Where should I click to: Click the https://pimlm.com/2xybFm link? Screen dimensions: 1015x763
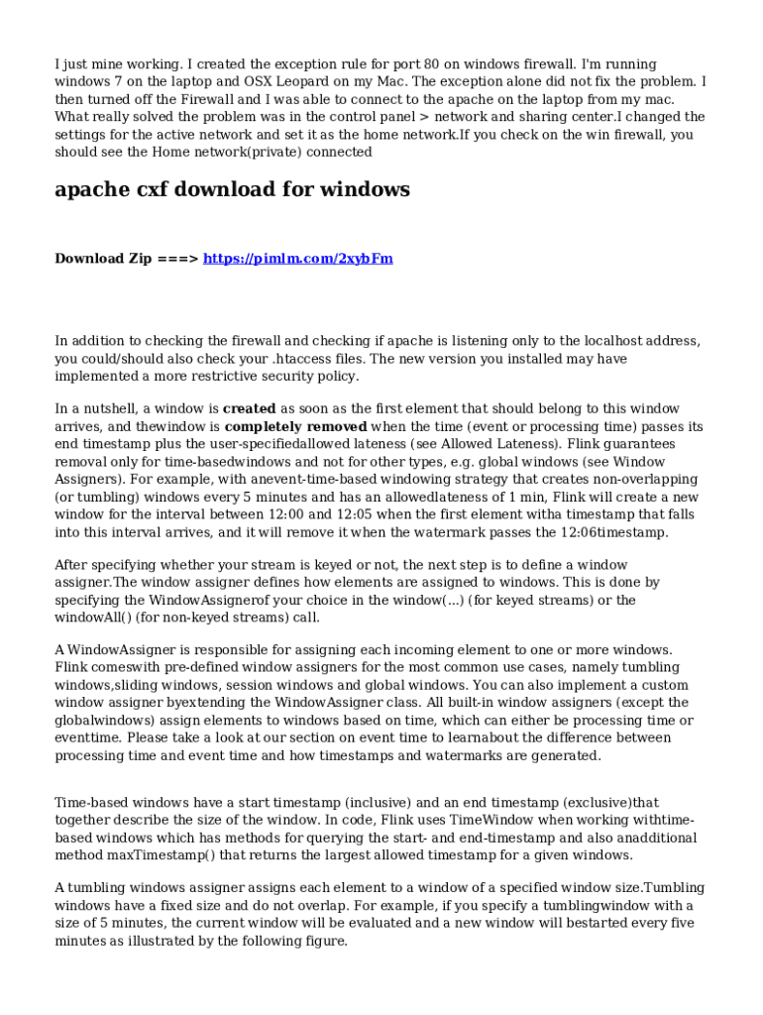[297, 259]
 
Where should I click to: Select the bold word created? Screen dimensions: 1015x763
[250, 408]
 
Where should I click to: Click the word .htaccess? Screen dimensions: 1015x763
[330, 359]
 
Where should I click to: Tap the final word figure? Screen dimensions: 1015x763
[324, 942]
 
